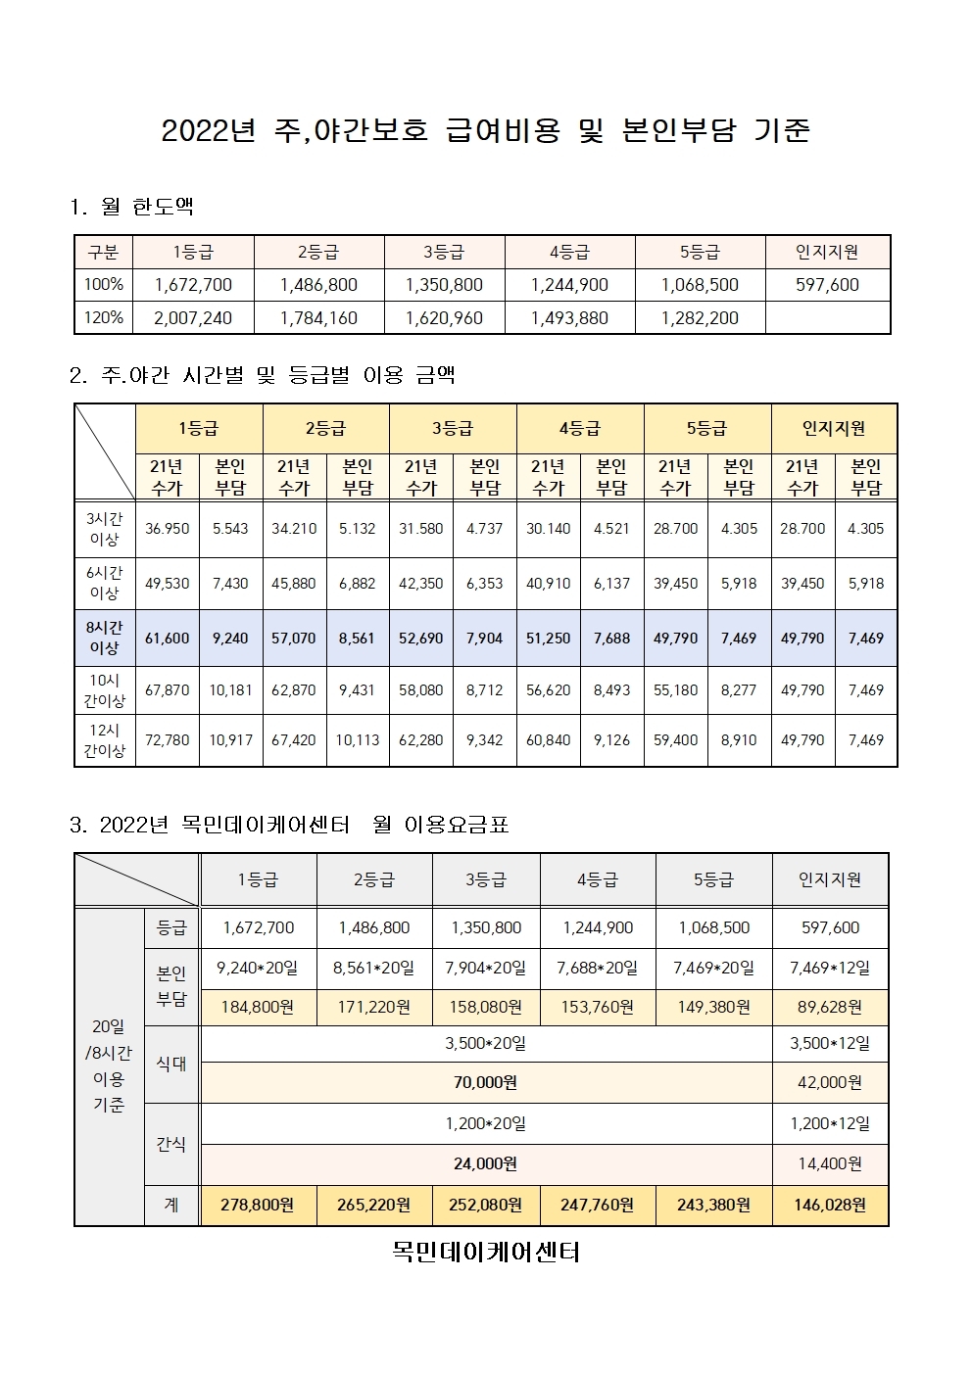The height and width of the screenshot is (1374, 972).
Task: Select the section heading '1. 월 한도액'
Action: [131, 208]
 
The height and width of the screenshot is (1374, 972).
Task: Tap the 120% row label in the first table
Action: [104, 317]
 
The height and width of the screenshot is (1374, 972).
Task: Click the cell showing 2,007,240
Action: [193, 317]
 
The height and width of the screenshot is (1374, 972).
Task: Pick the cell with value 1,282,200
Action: [700, 317]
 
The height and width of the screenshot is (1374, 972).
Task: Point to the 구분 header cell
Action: [104, 252]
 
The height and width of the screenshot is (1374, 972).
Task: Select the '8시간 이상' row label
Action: [105, 638]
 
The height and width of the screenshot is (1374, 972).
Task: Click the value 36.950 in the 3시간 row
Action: [168, 529]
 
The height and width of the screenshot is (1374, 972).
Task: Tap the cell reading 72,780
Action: [168, 740]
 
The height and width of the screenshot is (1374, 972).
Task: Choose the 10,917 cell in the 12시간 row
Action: [231, 740]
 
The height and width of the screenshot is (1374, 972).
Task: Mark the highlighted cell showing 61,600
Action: [168, 638]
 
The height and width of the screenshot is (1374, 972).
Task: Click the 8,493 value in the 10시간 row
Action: [612, 689]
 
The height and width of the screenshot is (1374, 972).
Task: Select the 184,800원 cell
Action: [258, 1007]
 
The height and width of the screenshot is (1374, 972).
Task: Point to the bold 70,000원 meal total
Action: [486, 1082]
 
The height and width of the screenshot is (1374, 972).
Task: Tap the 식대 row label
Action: [171, 1064]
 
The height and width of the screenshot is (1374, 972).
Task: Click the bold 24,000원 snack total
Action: [486, 1164]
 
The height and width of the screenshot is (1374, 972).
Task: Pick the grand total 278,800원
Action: [258, 1205]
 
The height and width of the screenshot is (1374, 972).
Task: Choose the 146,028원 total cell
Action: [830, 1205]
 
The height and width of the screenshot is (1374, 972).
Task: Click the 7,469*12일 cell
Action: [830, 968]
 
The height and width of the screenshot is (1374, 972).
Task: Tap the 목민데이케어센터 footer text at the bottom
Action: [486, 1253]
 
